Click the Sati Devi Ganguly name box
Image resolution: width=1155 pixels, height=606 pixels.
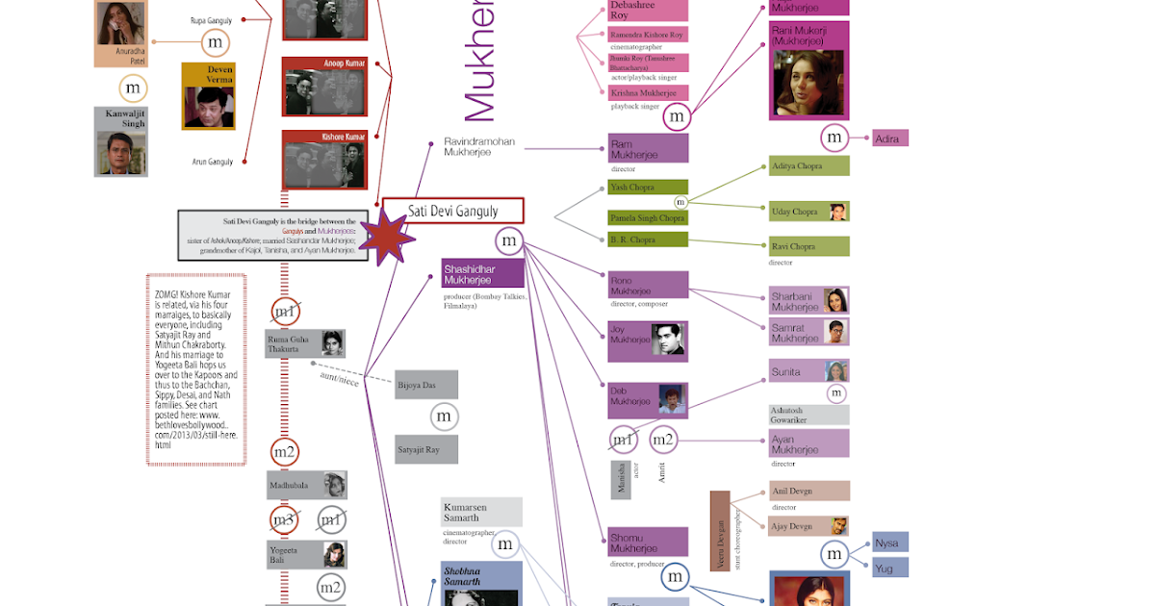tap(452, 211)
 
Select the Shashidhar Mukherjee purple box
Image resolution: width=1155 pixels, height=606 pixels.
tap(482, 273)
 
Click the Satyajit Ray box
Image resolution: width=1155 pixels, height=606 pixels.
tap(426, 449)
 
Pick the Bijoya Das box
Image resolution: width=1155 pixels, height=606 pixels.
tap(426, 385)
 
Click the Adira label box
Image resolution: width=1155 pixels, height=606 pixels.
tap(890, 139)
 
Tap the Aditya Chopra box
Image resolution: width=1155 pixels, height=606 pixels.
tap(808, 166)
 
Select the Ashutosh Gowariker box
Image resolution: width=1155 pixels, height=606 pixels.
tap(808, 415)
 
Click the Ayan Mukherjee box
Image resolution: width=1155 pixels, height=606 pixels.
tap(808, 443)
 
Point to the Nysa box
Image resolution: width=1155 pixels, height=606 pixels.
tap(890, 543)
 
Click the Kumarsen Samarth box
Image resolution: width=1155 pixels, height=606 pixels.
tap(481, 512)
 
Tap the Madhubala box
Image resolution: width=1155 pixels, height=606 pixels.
tap(307, 485)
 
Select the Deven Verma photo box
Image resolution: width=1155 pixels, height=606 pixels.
tap(208, 96)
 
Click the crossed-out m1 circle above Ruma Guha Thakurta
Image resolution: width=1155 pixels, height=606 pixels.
tap(285, 311)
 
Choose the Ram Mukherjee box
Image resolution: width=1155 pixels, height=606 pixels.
tap(648, 148)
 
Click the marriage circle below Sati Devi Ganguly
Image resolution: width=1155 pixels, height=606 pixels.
tap(509, 240)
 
